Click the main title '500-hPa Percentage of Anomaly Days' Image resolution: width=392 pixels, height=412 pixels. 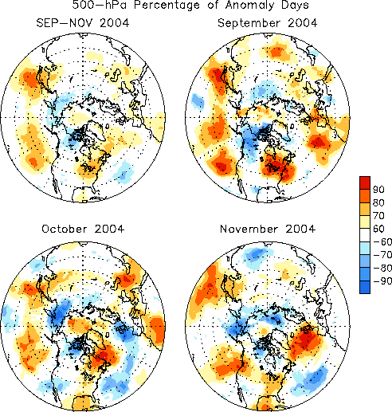[190, 5]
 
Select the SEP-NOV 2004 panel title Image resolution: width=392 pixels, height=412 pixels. [83, 23]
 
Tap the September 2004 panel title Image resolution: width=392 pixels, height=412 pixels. [268, 23]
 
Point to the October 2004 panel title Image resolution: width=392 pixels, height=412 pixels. [83, 229]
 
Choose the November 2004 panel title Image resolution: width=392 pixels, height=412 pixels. [268, 229]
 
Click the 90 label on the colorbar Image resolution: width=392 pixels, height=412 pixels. [378, 190]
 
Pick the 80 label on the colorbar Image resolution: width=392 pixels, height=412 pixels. [378, 202]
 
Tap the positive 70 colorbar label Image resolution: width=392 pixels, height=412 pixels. [378, 216]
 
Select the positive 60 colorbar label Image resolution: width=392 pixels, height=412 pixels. [378, 229]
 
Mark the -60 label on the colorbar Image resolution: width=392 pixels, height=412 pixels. [382, 241]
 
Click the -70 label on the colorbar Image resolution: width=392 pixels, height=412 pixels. [382, 255]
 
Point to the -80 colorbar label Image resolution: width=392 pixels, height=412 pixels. [382, 268]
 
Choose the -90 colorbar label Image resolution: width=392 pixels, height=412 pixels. [382, 281]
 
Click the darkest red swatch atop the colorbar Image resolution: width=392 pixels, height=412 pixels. [365, 182]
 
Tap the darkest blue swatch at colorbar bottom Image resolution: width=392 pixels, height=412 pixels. [365, 287]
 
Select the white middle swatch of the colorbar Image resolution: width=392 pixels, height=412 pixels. [365, 235]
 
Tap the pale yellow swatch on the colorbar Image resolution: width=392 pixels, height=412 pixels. [365, 222]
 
